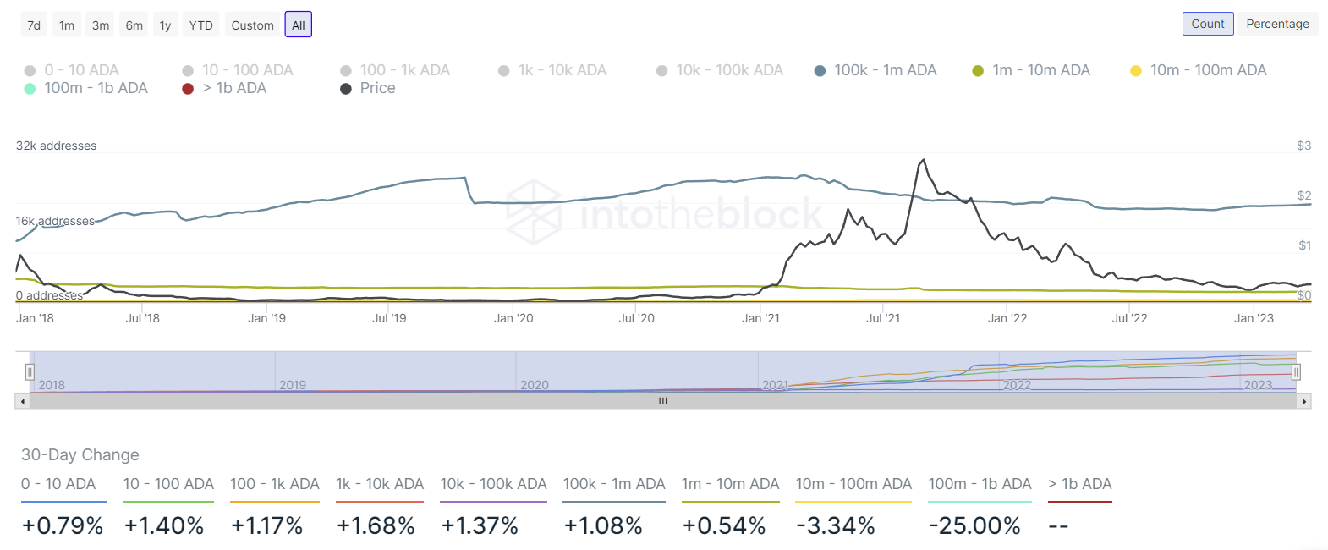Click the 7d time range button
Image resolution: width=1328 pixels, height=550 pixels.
[34, 25]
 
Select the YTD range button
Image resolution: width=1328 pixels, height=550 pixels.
[200, 25]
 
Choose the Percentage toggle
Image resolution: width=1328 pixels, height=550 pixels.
[1277, 24]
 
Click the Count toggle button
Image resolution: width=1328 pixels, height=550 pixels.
[1207, 24]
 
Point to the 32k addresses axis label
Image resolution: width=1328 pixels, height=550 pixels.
[56, 146]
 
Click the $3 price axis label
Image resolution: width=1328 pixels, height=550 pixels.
[1303, 146]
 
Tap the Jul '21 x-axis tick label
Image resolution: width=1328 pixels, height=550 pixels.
[883, 318]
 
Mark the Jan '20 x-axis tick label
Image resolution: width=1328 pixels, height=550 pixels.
[513, 318]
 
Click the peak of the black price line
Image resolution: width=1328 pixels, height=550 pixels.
[923, 160]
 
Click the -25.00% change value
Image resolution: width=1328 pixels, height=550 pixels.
[974, 525]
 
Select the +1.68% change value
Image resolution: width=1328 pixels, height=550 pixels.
[376, 525]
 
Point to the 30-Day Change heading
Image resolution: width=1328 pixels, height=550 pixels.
[80, 454]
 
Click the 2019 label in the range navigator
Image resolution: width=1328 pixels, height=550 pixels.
[293, 385]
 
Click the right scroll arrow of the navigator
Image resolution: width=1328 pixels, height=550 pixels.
[1304, 401]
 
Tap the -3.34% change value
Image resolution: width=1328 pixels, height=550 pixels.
[836, 525]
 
